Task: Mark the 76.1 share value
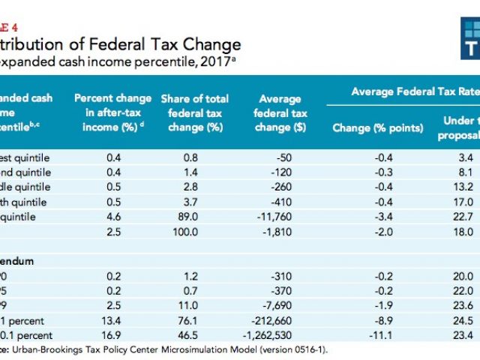click(x=193, y=321)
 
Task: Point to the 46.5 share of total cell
click(x=193, y=335)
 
